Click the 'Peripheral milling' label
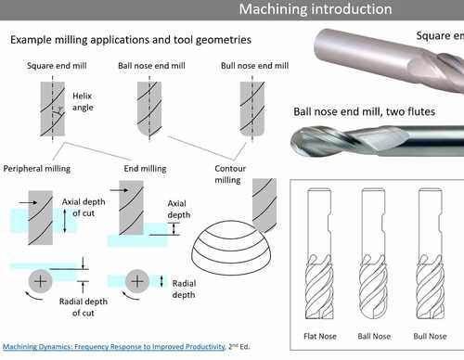[43, 168]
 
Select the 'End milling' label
[145, 168]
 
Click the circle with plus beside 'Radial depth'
[136, 280]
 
